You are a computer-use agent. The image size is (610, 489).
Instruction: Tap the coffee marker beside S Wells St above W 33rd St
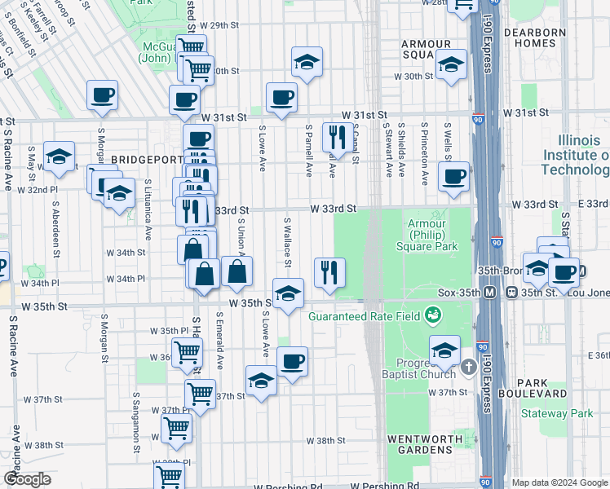click(453, 175)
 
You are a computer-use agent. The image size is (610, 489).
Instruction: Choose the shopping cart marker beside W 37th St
click(200, 393)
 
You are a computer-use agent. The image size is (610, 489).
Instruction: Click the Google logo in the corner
click(26, 479)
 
